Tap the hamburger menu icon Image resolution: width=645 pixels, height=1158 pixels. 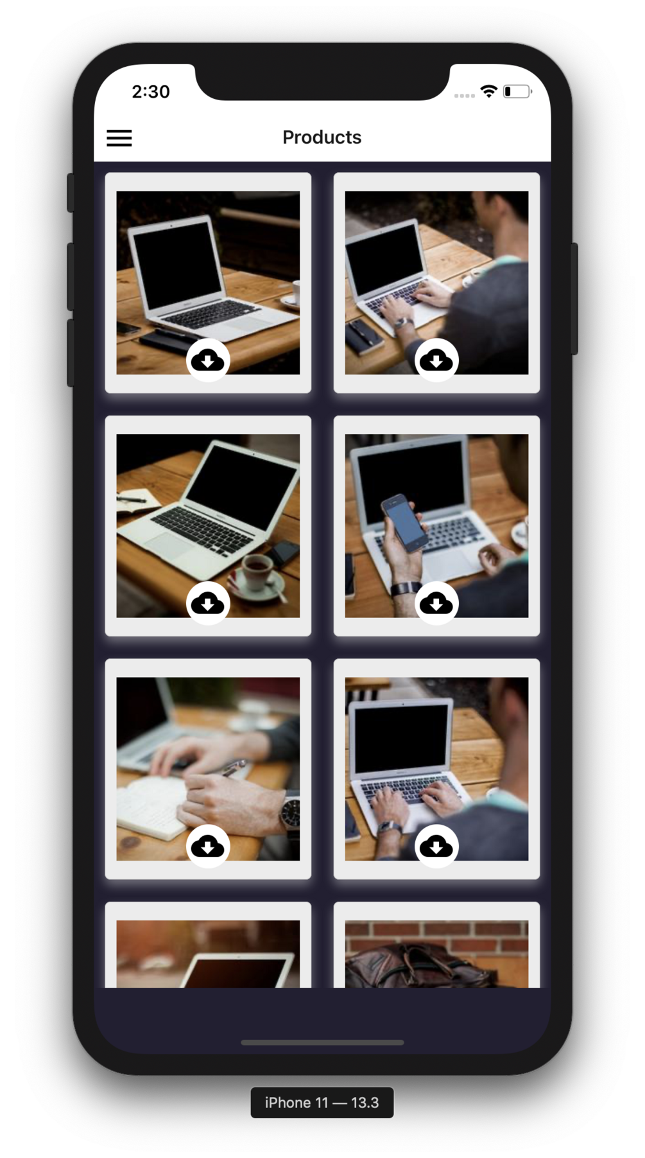[119, 137]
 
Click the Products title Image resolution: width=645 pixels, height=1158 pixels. [322, 137]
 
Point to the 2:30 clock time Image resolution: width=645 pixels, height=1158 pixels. [151, 92]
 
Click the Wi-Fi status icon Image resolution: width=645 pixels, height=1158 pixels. [489, 91]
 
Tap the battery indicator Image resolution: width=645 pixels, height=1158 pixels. [517, 91]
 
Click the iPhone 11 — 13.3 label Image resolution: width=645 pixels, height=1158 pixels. [322, 1102]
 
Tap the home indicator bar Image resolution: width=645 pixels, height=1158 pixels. [322, 1042]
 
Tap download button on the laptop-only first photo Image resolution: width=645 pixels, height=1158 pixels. [208, 360]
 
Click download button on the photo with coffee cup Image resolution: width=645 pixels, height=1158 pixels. [208, 603]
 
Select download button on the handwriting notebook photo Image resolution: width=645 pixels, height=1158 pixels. [208, 846]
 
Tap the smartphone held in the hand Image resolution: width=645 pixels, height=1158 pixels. [404, 522]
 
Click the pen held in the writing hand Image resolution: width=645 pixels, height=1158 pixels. [234, 768]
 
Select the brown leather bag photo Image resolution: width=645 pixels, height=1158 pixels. [436, 954]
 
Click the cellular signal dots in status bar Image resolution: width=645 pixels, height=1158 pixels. [464, 96]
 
